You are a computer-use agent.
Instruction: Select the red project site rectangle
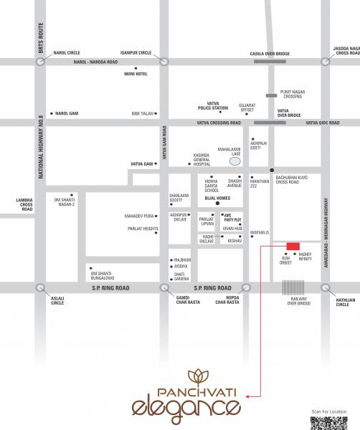(x=293, y=247)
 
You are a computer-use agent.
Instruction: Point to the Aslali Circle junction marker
(x=39, y=287)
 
